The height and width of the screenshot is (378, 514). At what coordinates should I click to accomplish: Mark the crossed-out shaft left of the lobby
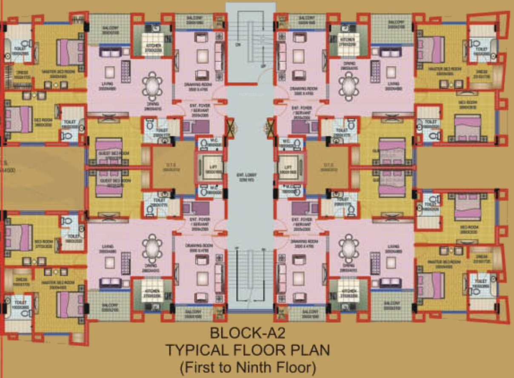pyautogui.click(x=230, y=128)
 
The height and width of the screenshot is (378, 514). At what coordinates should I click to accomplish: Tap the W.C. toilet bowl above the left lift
pyautogui.click(x=203, y=144)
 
